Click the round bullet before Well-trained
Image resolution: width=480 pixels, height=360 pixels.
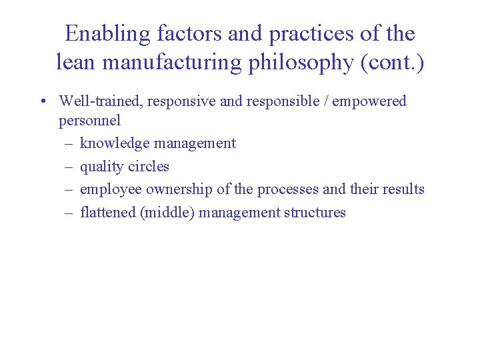coord(42,102)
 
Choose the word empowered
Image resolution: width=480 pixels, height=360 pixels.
coord(369,102)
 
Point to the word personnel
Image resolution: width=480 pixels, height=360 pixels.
coord(89,121)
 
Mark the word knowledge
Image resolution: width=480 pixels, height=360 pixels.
coord(111,143)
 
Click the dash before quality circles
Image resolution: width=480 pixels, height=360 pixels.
coord(69,167)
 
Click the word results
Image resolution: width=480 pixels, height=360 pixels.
coord(403,189)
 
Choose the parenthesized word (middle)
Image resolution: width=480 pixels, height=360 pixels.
coord(167,213)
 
